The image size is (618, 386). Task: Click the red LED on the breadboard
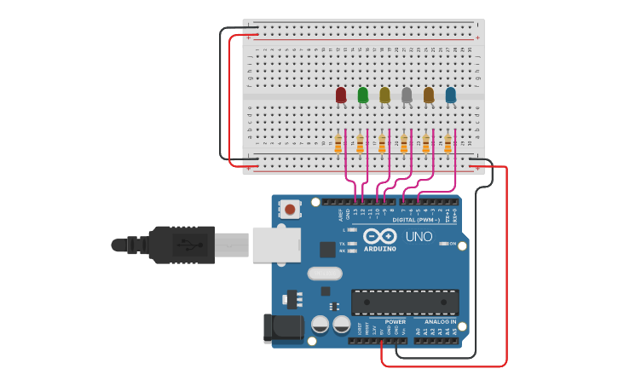tap(341, 95)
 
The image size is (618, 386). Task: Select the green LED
tap(363, 95)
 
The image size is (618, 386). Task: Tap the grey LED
tap(407, 95)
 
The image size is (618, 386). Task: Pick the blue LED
tap(451, 95)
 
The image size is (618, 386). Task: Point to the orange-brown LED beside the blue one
tap(429, 95)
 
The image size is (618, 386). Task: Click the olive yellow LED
tap(384, 95)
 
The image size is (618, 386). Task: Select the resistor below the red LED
tap(338, 144)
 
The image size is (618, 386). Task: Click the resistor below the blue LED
tap(448, 144)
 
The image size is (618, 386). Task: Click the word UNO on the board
tap(418, 236)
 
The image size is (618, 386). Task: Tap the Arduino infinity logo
tap(379, 236)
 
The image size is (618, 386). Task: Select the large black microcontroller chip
tap(405, 302)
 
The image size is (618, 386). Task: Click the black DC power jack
tap(282, 329)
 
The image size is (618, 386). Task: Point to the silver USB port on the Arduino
tap(275, 245)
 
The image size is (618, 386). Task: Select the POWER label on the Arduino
tap(395, 322)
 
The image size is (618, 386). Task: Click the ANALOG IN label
tap(441, 322)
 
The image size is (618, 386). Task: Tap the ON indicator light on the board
tap(442, 244)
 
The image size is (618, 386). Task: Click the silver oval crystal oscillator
tap(324, 274)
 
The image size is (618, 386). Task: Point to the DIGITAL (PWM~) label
tap(417, 220)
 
